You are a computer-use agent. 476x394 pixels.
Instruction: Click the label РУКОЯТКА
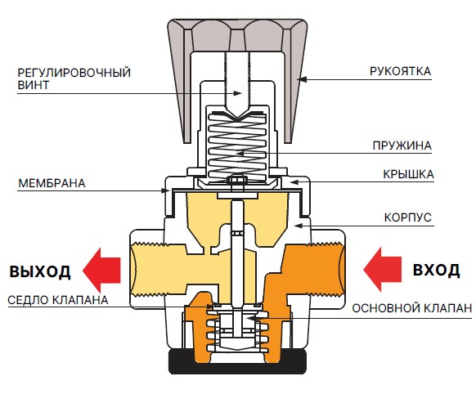point(401,71)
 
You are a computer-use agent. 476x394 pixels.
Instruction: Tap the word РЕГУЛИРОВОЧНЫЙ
point(74,73)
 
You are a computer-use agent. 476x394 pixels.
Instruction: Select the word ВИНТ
point(34,85)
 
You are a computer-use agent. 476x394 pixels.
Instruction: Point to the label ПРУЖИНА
point(402,146)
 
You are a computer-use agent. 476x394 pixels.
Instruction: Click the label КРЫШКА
point(408,174)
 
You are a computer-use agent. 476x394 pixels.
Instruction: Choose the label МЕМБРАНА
point(52,183)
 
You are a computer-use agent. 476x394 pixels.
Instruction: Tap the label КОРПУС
point(407,217)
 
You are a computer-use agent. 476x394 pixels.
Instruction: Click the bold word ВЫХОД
point(40,271)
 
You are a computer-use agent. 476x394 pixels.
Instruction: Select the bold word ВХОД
point(436,270)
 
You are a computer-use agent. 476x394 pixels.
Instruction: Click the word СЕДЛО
point(29,300)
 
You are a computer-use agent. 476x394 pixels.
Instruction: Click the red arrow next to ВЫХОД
point(101,270)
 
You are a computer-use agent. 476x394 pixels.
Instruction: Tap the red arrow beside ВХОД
point(383,270)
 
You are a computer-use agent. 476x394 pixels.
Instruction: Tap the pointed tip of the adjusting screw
point(237,119)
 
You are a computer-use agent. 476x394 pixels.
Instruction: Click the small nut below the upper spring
point(237,180)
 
